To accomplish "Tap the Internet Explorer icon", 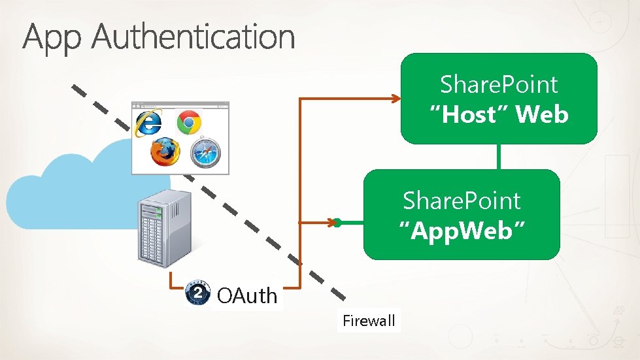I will [x=148, y=123].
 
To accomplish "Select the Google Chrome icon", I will [x=190, y=122].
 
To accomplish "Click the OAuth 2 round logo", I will [x=198, y=293].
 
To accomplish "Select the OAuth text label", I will [x=247, y=296].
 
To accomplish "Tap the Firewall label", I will [x=369, y=320].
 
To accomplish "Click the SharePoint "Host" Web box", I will [x=499, y=98].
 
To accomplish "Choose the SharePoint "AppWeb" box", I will [x=462, y=214].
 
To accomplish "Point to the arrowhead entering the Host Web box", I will [x=396, y=99].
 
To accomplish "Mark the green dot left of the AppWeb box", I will [x=337, y=223].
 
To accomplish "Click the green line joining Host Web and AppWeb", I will [x=499, y=156].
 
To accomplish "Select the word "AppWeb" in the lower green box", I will [x=462, y=230].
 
